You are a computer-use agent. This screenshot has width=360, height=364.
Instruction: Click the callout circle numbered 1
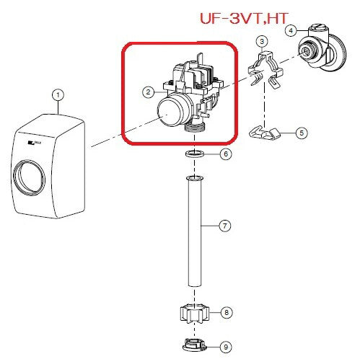[58, 95]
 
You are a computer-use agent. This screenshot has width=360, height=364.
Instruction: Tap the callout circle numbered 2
[148, 92]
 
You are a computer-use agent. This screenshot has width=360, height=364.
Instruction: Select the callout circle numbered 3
[262, 41]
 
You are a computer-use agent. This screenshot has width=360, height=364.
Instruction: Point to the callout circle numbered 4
[291, 31]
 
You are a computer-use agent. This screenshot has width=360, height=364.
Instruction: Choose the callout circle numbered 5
[302, 133]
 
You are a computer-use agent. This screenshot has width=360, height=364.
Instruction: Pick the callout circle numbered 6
[226, 154]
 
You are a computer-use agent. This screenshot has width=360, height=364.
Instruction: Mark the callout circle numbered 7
[225, 226]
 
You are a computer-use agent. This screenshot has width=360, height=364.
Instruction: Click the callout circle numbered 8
[227, 313]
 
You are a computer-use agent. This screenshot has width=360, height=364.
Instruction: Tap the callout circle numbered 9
[226, 347]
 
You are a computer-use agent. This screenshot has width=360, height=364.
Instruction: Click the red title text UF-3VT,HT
[244, 18]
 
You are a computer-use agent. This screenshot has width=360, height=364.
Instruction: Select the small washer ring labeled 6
[195, 153]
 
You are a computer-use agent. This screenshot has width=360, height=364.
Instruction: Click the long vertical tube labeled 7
[195, 231]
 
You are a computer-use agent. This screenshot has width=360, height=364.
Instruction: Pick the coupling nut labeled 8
[195, 314]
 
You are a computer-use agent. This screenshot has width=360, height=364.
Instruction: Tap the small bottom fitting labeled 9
[194, 345]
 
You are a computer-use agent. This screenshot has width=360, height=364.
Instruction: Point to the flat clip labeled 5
[265, 133]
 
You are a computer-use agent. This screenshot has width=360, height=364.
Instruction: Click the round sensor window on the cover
[29, 177]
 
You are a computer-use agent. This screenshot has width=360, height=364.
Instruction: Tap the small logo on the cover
[35, 143]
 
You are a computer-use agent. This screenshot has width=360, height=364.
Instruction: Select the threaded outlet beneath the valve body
[195, 126]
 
